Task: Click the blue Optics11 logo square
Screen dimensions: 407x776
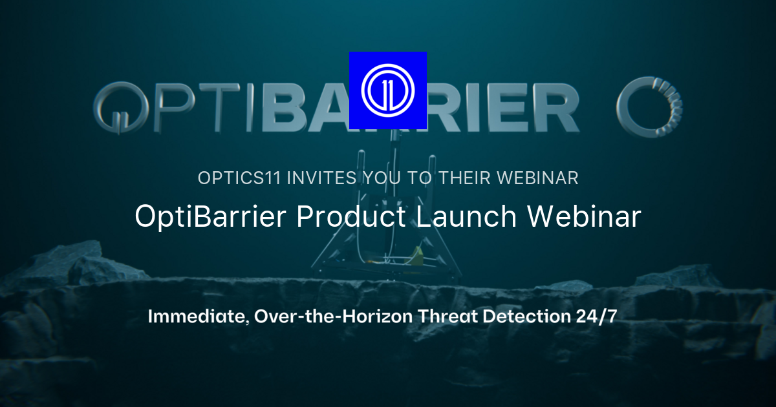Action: [388, 90]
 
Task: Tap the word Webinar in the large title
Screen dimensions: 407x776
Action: [584, 217]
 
